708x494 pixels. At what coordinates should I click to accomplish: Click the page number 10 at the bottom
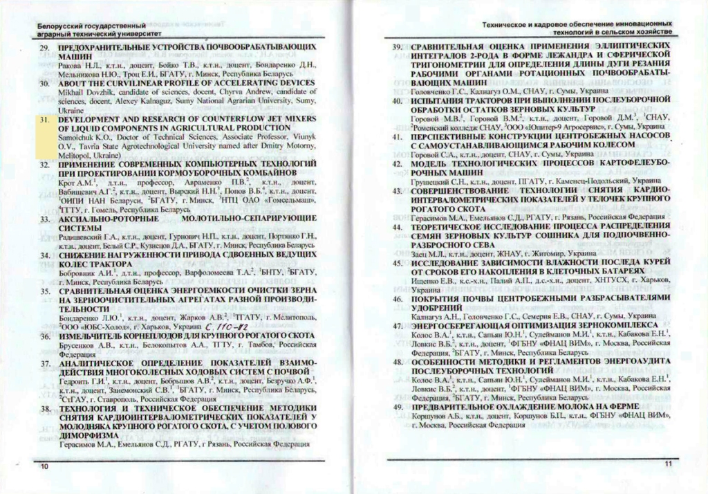(x=44, y=468)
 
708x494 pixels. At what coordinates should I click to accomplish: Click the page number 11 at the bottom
(x=667, y=464)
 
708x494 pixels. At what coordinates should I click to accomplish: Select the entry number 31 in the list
(x=44, y=119)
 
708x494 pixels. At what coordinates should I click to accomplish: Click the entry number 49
(x=398, y=407)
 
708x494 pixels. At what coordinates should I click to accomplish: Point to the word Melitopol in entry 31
(x=76, y=156)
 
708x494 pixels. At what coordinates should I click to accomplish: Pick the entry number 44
(x=398, y=226)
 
